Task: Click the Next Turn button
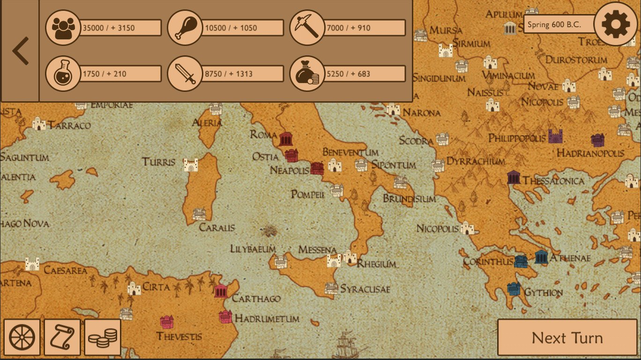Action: click(567, 337)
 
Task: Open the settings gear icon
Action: click(615, 24)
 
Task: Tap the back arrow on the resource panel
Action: click(20, 51)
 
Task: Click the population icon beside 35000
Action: click(63, 28)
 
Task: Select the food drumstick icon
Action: click(185, 28)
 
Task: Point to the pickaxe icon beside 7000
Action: click(307, 28)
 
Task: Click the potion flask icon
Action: click(63, 74)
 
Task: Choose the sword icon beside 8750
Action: click(185, 74)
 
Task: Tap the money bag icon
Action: click(307, 74)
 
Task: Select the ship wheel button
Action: click(22, 337)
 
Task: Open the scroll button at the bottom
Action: click(62, 337)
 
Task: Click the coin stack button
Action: click(103, 337)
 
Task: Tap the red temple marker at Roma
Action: click(286, 139)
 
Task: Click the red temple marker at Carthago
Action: click(221, 291)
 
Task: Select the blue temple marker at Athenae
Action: click(541, 257)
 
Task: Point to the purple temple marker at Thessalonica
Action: click(514, 177)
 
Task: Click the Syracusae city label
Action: click(365, 289)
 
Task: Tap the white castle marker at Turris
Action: click(191, 165)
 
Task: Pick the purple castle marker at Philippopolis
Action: click(555, 136)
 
